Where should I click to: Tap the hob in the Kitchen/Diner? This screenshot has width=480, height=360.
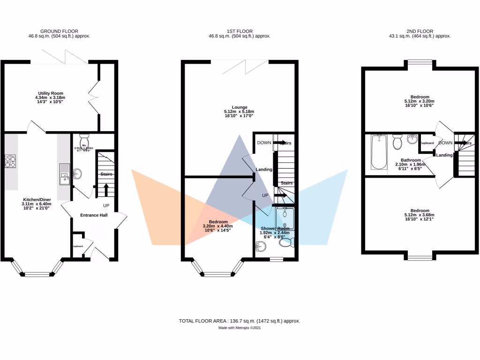[10, 161]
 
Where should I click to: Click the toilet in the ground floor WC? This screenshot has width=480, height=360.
[84, 140]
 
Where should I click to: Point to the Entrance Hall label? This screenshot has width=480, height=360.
[94, 215]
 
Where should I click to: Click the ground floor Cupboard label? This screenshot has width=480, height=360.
[77, 246]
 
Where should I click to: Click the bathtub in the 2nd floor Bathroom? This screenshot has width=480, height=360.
[378, 152]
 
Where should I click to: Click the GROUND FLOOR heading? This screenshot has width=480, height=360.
[59, 30]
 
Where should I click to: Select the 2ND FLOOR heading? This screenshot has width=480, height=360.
[420, 30]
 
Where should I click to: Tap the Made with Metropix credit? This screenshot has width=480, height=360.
[240, 328]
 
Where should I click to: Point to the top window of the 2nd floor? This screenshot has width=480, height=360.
[420, 61]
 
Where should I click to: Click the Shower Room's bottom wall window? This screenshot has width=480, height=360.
[277, 259]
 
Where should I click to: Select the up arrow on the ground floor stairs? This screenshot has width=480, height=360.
[106, 190]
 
